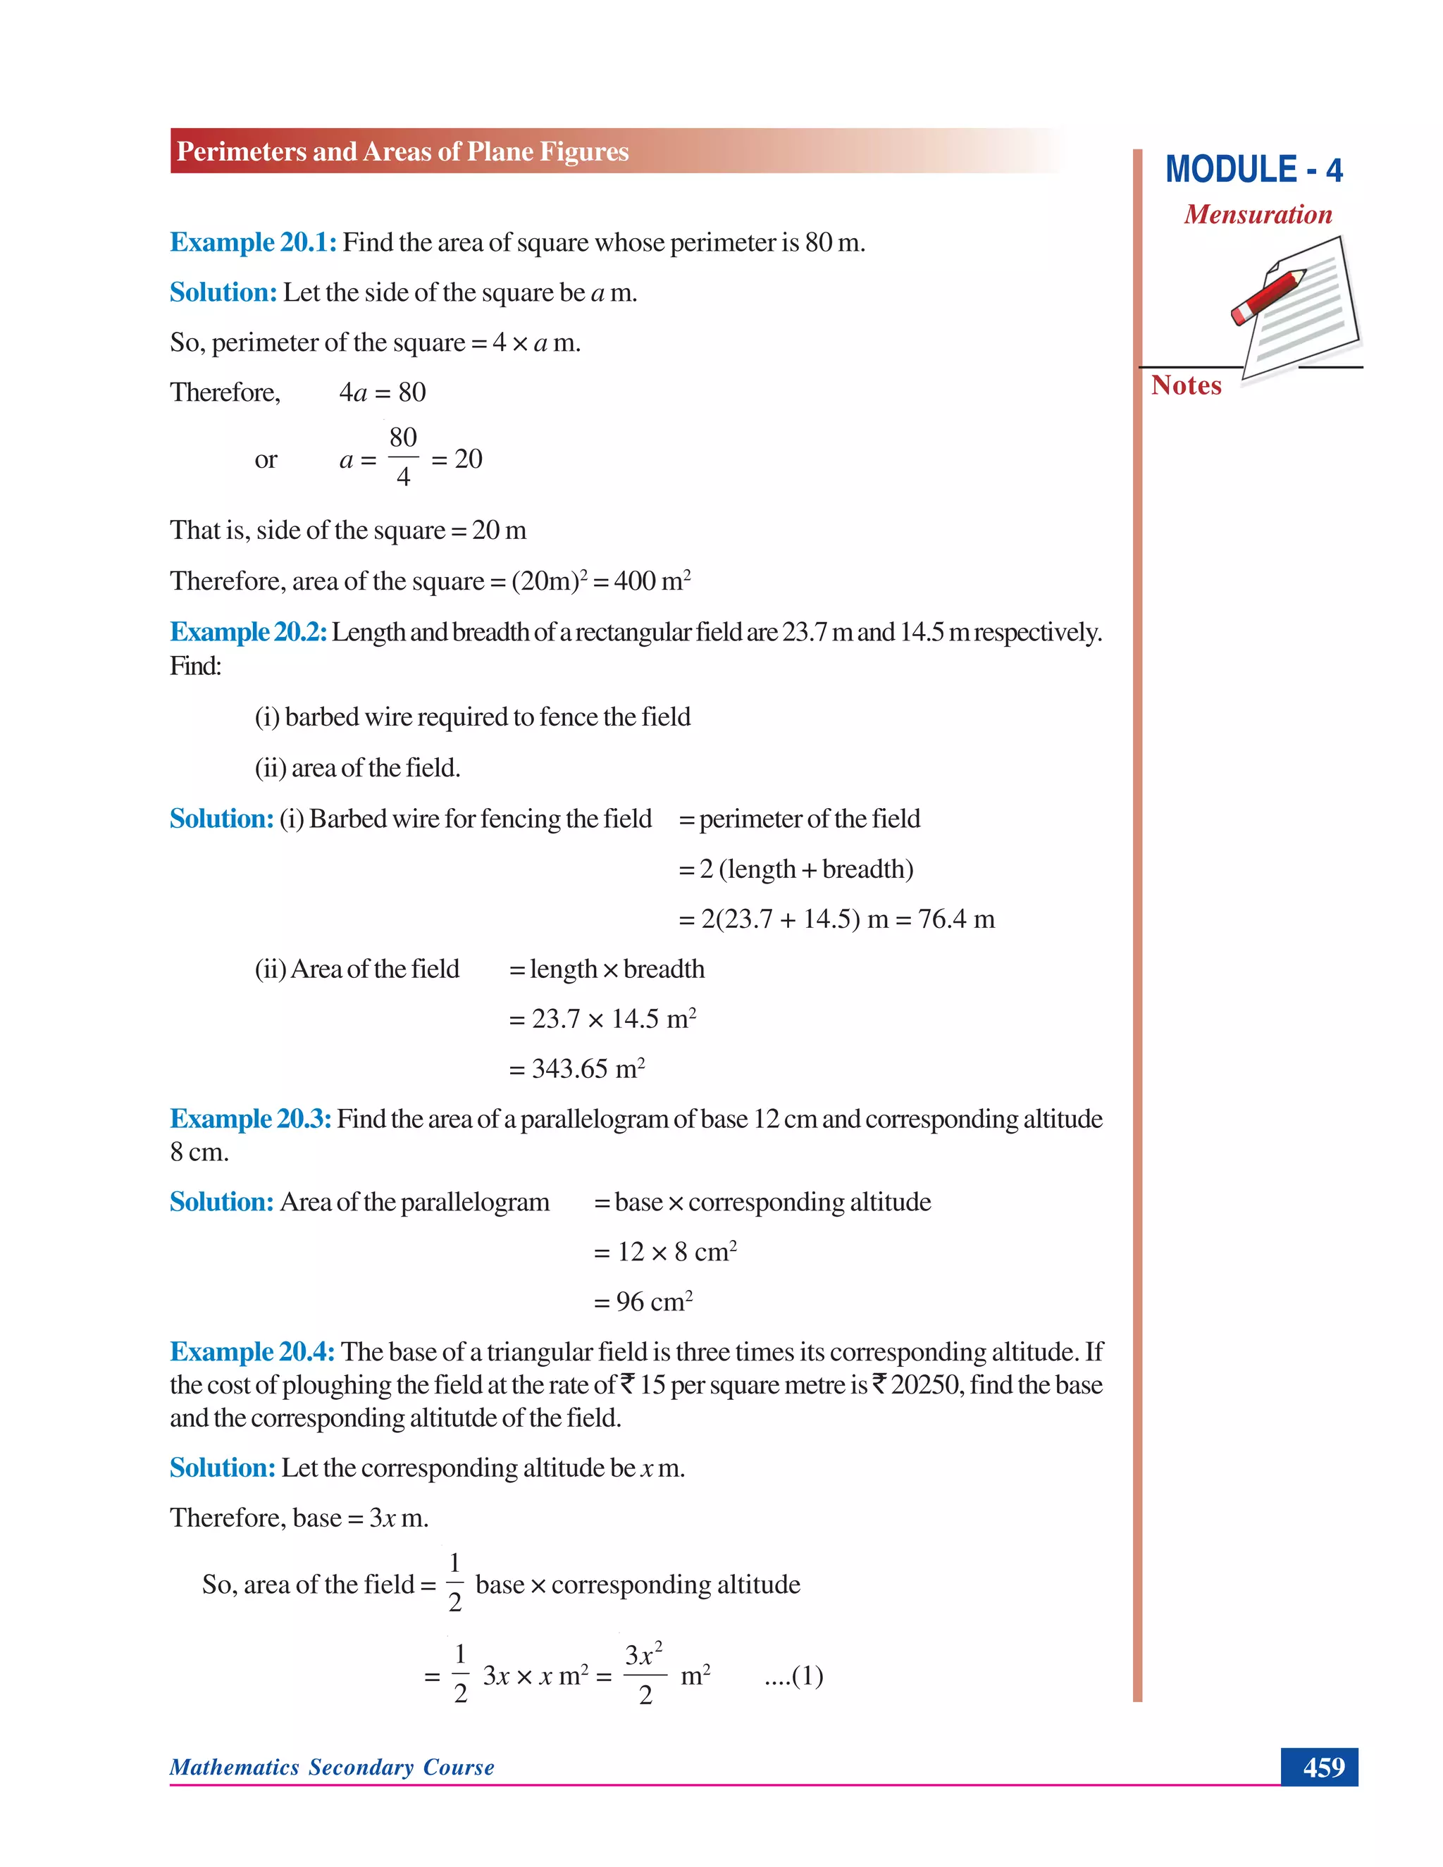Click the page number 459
(x=1323, y=1767)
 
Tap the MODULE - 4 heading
(x=1253, y=170)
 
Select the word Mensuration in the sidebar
(x=1258, y=215)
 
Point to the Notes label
(x=1186, y=385)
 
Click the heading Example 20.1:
(x=253, y=243)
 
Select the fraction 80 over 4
(x=402, y=457)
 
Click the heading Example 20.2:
(x=248, y=633)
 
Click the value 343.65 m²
(x=588, y=1069)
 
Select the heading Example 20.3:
(x=250, y=1119)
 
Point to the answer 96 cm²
(x=654, y=1302)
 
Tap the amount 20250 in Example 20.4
(x=926, y=1386)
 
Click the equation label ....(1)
(x=793, y=1675)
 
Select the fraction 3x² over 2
(x=644, y=1675)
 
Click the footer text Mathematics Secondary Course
(x=332, y=1767)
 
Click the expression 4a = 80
(x=382, y=392)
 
